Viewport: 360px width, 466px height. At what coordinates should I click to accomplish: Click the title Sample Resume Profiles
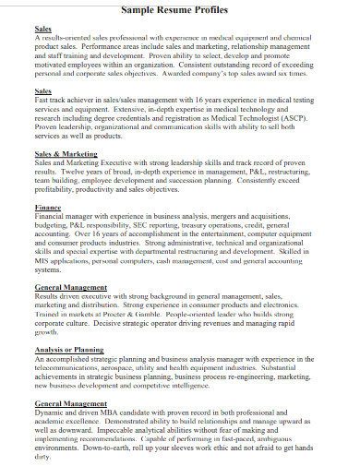186,8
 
